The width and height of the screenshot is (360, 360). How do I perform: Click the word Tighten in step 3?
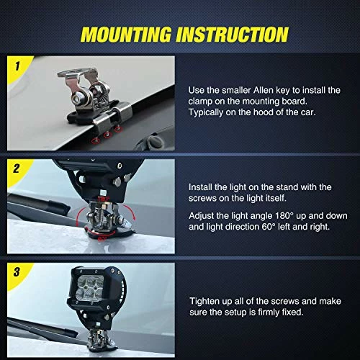point(207,301)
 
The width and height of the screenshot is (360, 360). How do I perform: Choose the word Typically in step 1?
point(210,114)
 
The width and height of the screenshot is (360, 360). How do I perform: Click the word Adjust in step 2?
point(204,215)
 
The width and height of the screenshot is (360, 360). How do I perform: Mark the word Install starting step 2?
point(204,185)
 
